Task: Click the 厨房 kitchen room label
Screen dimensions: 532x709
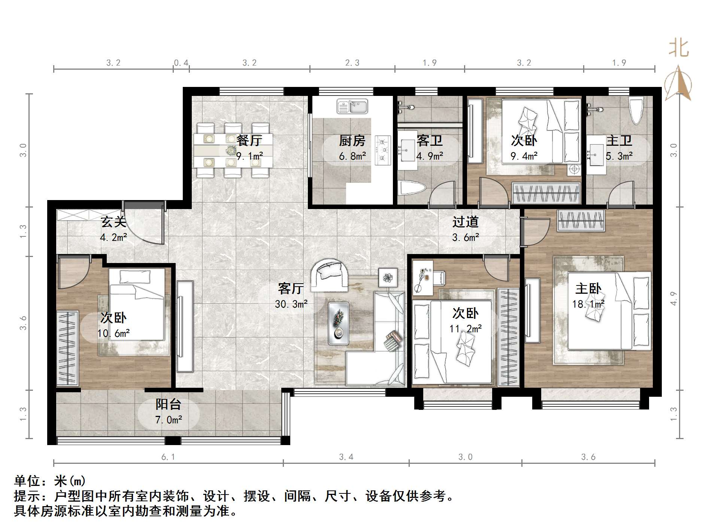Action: point(352,141)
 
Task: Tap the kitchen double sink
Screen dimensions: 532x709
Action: point(352,106)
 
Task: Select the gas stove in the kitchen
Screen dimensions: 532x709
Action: point(382,150)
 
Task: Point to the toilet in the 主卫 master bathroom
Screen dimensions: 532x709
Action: point(636,111)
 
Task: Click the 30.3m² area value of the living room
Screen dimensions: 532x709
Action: point(291,304)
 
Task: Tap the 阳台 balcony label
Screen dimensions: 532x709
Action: point(169,404)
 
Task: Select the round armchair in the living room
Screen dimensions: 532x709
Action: point(330,275)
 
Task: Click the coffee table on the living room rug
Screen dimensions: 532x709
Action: point(338,323)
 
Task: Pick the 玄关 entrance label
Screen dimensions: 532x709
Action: point(113,222)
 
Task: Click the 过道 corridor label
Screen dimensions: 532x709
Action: point(466,222)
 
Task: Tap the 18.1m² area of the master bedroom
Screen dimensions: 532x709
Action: point(588,304)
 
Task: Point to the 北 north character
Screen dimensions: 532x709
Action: point(679,49)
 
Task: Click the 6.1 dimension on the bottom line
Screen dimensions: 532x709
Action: point(168,457)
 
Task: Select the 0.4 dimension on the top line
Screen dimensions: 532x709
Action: point(181,63)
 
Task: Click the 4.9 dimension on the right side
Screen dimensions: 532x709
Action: point(673,298)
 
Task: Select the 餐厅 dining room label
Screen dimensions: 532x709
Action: point(249,141)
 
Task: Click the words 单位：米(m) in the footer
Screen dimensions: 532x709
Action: point(50,481)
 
